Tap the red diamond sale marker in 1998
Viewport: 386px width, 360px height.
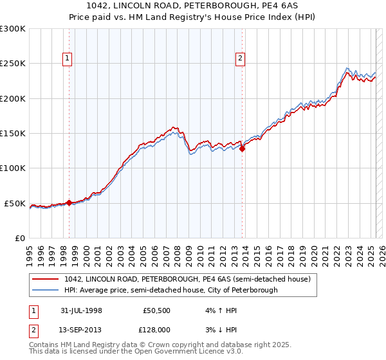(69, 203)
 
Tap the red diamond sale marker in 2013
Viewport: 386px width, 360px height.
(242, 148)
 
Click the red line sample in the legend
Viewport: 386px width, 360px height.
(46, 279)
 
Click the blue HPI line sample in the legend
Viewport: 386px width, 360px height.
(46, 290)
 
